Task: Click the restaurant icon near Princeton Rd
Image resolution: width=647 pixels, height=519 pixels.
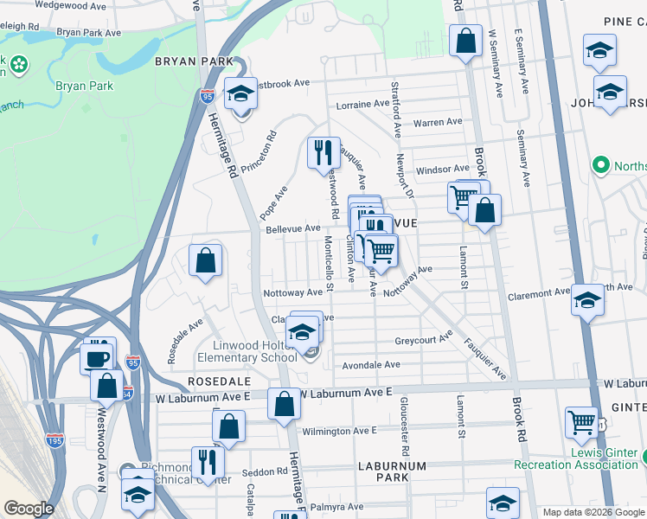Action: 323,153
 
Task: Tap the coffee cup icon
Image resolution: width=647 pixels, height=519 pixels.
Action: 96,356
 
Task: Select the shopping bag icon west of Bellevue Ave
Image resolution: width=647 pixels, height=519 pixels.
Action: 205,259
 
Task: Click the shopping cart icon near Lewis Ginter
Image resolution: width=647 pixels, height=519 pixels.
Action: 582,423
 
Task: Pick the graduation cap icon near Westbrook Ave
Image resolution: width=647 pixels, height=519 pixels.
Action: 241,93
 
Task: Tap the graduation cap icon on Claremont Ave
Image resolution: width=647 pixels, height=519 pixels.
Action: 587,300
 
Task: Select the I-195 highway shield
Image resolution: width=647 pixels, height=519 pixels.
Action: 54,441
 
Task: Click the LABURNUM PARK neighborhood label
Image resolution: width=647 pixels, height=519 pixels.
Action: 392,471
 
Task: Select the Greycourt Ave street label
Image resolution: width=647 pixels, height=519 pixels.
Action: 424,339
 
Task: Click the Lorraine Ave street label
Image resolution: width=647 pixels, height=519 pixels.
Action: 362,104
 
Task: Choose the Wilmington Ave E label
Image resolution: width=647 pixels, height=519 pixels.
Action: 339,431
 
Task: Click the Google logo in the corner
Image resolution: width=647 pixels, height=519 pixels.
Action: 29,509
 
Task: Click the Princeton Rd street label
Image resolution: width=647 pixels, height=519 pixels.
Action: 259,151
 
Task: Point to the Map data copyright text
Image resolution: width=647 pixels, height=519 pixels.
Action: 593,512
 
